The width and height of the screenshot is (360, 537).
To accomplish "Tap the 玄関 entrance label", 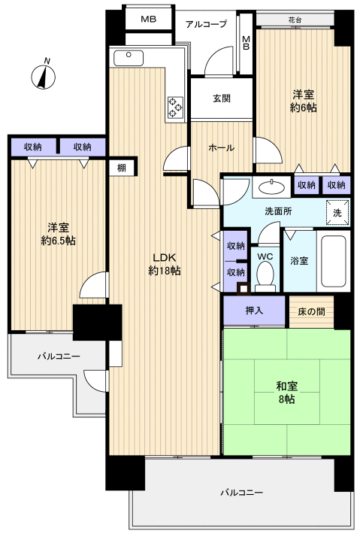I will coord(220,98).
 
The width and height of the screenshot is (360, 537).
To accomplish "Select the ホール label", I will coord(220,148).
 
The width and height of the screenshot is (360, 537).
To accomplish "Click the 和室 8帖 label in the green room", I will coord(286,392).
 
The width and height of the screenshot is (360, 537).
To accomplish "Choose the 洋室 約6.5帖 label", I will coord(58,234).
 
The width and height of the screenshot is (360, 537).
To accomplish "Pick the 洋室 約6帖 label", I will coord(304,102).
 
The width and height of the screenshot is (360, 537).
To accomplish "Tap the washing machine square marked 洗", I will coord(337,212).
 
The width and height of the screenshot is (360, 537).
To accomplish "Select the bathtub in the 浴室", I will coord(332,262).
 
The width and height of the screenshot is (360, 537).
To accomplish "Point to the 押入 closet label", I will coord(254,310).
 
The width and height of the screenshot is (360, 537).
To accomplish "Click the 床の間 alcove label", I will coord(310,310).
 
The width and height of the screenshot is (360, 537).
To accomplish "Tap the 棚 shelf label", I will coord(121,168).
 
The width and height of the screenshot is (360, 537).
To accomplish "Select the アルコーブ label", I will coord(207,24).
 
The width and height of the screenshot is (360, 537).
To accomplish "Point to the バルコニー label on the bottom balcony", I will coord(241,493).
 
